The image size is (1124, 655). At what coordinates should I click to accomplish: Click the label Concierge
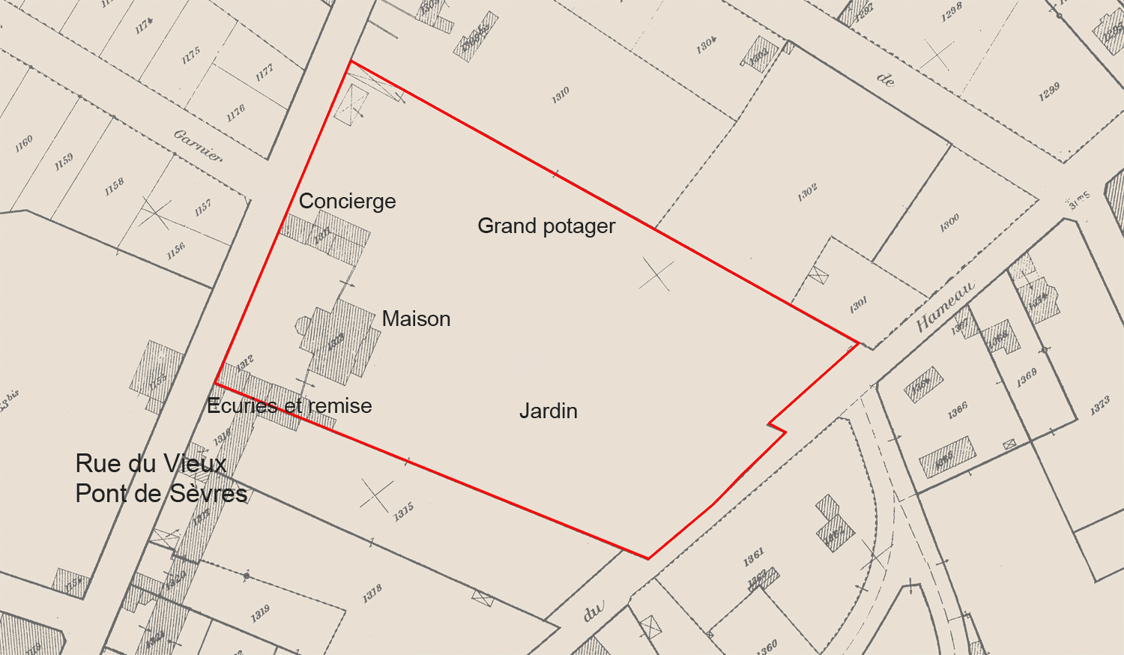point(347,201)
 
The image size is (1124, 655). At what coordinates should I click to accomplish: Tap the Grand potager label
point(546,226)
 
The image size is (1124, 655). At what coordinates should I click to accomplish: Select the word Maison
point(416,319)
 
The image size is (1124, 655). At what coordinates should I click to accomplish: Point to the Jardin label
point(549,411)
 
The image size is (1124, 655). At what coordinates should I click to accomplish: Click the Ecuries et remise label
point(289,405)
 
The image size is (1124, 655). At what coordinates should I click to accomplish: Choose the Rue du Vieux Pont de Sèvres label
point(160,478)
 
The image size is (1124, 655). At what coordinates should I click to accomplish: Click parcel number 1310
point(561,95)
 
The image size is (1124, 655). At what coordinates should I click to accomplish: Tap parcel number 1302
point(807,193)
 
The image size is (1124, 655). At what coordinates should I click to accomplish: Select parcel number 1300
point(949,223)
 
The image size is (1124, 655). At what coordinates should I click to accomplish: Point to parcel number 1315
point(404,513)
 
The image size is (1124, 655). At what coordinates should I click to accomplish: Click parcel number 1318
point(372,594)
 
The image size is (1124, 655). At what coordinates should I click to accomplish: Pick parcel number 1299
point(1049,91)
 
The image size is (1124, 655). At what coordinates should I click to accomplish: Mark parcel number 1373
point(1100,406)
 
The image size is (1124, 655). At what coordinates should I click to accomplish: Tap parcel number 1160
point(25,144)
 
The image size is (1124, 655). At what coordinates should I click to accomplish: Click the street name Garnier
point(199,145)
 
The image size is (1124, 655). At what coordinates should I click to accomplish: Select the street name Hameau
point(946,306)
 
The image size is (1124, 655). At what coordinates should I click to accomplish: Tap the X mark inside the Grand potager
point(656,275)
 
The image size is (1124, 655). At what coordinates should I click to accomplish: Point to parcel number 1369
point(1027,378)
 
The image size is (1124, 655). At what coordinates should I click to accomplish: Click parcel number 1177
point(265,73)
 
